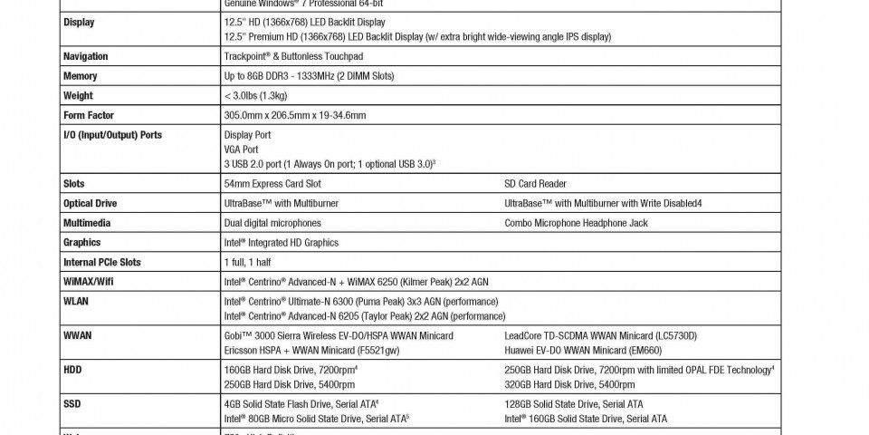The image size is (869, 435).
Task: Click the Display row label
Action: click(x=79, y=22)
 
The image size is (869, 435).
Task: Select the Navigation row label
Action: click(x=86, y=56)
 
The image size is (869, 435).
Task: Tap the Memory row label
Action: click(x=81, y=76)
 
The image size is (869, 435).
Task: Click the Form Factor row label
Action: click(x=89, y=115)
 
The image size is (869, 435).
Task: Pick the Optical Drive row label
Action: click(x=91, y=203)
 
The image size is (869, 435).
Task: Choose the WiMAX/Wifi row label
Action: click(x=89, y=281)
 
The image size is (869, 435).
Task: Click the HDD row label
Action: click(x=72, y=370)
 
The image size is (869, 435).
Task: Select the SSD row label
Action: click(x=72, y=404)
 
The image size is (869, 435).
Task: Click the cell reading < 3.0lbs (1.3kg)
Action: click(x=255, y=95)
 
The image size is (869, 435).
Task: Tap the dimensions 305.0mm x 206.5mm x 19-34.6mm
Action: click(x=295, y=115)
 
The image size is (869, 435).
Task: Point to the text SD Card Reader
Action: click(x=535, y=183)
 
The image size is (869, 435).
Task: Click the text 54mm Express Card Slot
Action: click(x=272, y=183)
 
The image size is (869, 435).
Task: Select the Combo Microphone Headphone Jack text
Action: click(x=576, y=222)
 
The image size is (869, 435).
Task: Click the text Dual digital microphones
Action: click(x=272, y=222)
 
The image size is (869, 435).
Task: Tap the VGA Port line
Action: click(x=241, y=149)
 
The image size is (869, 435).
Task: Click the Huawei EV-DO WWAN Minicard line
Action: click(x=583, y=350)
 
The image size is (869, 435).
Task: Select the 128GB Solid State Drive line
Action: click(x=586, y=404)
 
